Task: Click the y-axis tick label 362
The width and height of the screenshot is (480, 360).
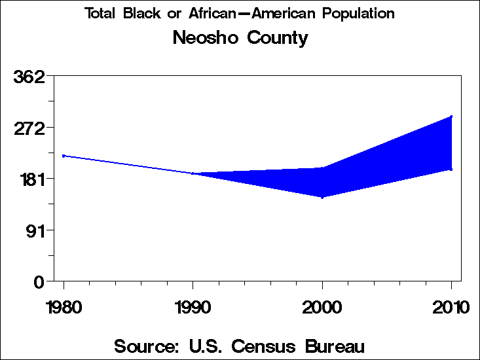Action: pyautogui.click(x=29, y=77)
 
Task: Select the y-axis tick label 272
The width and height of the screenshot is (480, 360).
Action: pyautogui.click(x=29, y=128)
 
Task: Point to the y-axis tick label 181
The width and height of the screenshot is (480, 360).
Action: pyautogui.click(x=29, y=179)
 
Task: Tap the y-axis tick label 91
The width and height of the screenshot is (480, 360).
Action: pyautogui.click(x=34, y=230)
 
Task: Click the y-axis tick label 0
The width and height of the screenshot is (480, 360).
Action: pyautogui.click(x=39, y=281)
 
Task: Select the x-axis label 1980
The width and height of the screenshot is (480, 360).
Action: pyautogui.click(x=64, y=307)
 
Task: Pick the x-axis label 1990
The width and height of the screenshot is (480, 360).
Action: pyautogui.click(x=193, y=307)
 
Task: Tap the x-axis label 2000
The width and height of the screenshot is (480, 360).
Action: pyautogui.click(x=322, y=307)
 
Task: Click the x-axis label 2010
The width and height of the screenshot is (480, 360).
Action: pyautogui.click(x=451, y=307)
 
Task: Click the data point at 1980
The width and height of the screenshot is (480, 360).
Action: pyautogui.click(x=64, y=156)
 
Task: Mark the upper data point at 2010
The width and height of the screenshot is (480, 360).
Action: pyautogui.click(x=451, y=117)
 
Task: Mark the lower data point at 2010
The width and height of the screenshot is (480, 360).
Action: pyautogui.click(x=451, y=170)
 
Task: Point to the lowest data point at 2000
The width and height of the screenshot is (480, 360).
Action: pyautogui.click(x=322, y=197)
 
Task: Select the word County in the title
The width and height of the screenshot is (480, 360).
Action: pyautogui.click(x=277, y=39)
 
